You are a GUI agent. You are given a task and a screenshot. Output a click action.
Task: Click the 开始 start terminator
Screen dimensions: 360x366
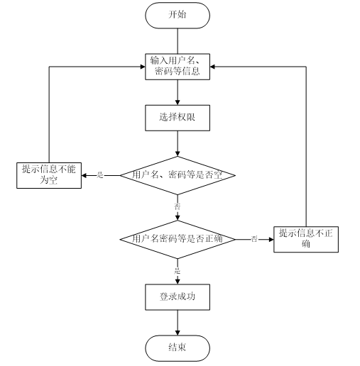178,16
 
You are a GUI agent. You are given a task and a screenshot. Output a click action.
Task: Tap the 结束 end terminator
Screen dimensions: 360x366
178,348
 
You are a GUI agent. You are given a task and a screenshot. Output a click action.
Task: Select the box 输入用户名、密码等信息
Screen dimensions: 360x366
178,67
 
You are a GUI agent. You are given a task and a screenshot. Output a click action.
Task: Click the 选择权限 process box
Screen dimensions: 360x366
178,118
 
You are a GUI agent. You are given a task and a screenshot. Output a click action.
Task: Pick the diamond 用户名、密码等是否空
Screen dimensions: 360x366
178,175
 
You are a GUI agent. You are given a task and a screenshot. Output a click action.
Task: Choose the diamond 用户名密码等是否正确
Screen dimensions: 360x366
178,239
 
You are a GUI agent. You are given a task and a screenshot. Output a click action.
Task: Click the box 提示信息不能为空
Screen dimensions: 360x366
49,175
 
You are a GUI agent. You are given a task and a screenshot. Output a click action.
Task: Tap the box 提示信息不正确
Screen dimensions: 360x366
306,239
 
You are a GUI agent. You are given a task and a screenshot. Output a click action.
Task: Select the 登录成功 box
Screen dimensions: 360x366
178,297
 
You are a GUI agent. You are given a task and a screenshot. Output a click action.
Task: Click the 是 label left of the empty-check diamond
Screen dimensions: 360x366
100,175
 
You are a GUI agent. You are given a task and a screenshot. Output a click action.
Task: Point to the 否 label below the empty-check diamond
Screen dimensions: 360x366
178,206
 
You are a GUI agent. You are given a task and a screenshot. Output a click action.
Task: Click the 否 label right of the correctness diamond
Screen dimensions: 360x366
254,239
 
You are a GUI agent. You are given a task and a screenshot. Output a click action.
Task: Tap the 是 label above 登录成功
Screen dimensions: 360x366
178,270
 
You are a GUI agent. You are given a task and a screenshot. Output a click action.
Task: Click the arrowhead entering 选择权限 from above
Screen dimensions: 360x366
178,102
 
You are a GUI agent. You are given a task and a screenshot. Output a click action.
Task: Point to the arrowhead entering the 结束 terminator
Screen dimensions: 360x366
178,333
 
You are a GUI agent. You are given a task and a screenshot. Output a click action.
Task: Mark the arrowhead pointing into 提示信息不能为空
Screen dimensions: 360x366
84,175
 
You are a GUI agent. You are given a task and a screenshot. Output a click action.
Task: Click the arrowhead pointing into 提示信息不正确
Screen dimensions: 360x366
271,239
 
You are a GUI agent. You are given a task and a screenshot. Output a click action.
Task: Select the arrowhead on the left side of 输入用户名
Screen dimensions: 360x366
143,67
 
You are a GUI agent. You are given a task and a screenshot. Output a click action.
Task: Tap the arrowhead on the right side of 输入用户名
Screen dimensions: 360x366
212,67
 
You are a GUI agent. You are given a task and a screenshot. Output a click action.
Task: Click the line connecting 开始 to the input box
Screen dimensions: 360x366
178,41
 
